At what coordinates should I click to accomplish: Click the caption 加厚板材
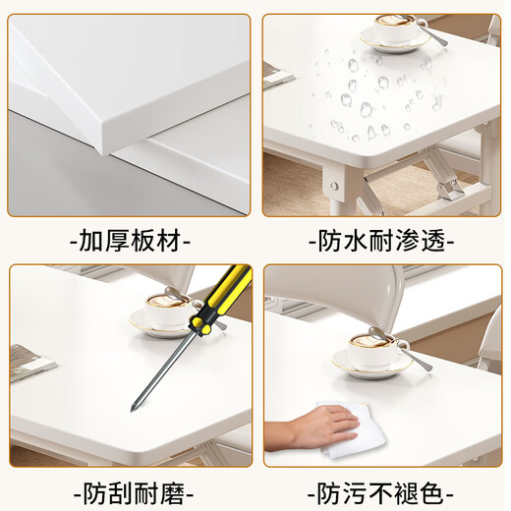click(x=130, y=239)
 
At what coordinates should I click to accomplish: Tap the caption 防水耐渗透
click(x=380, y=239)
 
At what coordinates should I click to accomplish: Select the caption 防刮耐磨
click(x=130, y=490)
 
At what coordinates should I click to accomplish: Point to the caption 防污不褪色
click(x=380, y=490)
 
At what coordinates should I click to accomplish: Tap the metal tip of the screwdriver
click(x=138, y=404)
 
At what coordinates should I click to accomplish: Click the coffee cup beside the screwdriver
click(x=163, y=312)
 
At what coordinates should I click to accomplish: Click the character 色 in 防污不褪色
click(x=437, y=490)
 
